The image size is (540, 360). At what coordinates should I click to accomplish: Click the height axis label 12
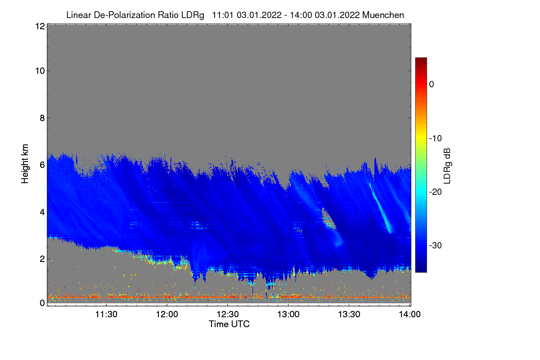click(39, 26)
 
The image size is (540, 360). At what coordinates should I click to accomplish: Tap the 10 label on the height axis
click(39, 71)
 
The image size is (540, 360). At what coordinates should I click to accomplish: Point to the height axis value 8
click(42, 118)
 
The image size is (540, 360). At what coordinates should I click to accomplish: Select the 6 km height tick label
click(42, 165)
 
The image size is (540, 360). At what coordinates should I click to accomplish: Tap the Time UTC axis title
click(229, 324)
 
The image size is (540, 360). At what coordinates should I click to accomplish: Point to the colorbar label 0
click(431, 84)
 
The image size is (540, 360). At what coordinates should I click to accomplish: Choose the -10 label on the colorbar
click(435, 138)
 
